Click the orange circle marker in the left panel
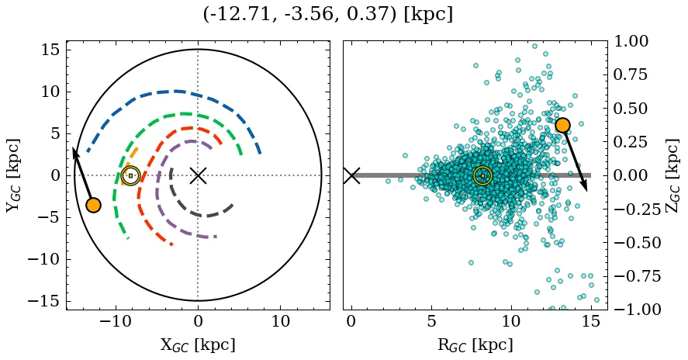pyautogui.click(x=93, y=205)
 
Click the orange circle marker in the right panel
pyautogui.click(x=562, y=125)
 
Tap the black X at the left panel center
pyautogui.click(x=198, y=175)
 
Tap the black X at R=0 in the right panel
pyautogui.click(x=351, y=175)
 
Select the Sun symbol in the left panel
pyautogui.click(x=130, y=175)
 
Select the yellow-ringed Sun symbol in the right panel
pyautogui.click(x=482, y=176)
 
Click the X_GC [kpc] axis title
pyautogui.click(x=197, y=344)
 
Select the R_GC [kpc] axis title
pyautogui.click(x=475, y=344)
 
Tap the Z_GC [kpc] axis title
pyautogui.click(x=672, y=175)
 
